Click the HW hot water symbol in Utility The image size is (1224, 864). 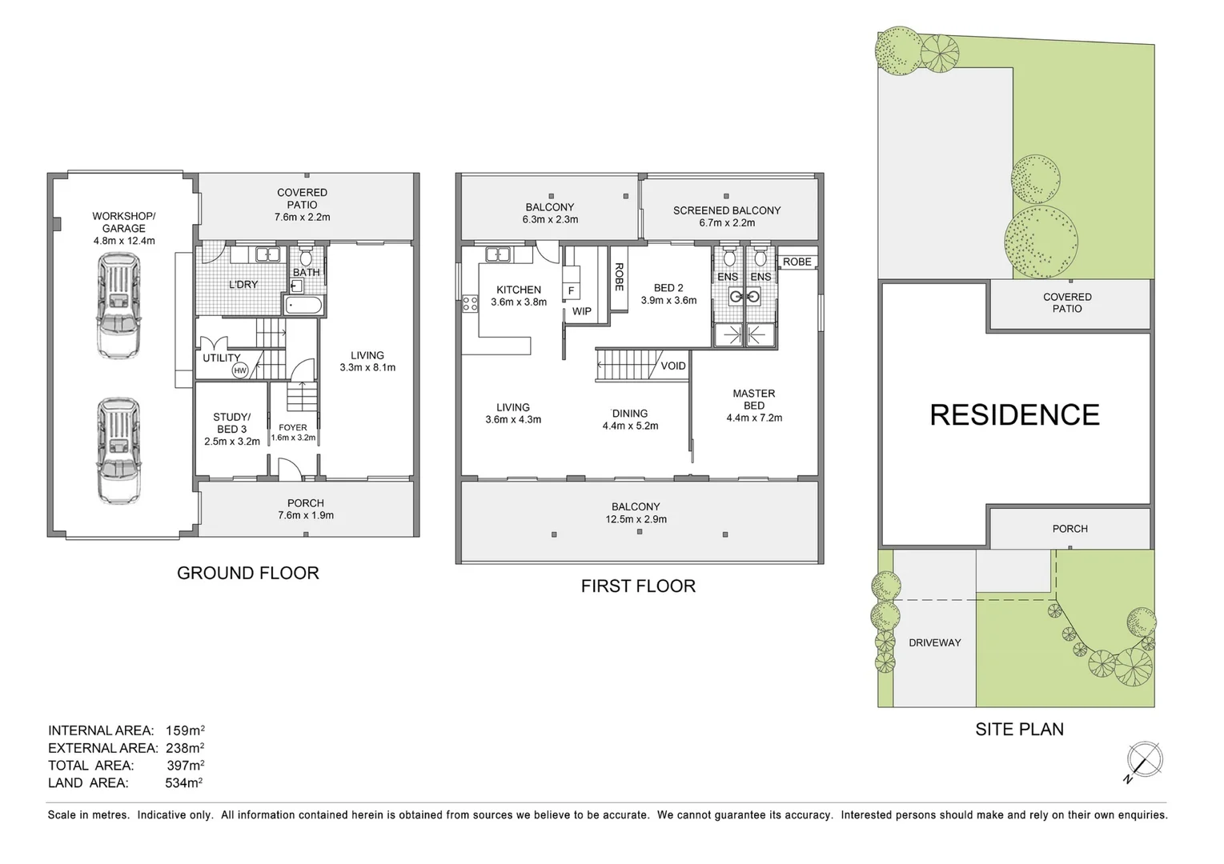[x=240, y=370]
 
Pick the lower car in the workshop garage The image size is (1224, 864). [x=118, y=450]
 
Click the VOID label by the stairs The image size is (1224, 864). [x=672, y=366]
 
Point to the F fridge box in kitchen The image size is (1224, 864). [x=571, y=290]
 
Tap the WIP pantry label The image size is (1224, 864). [x=581, y=311]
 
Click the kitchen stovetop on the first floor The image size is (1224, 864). [x=470, y=302]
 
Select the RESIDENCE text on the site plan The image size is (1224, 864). [x=1014, y=414]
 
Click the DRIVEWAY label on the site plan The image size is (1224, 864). [x=934, y=642]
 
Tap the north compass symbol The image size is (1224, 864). [x=1144, y=759]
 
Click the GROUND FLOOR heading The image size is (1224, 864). [x=247, y=573]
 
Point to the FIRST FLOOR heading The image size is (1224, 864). [x=638, y=586]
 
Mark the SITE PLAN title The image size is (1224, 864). [x=1019, y=729]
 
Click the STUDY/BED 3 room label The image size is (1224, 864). [x=231, y=429]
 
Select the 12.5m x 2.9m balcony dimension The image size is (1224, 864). [x=636, y=519]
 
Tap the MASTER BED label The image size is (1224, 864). [x=753, y=399]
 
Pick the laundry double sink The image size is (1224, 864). [x=267, y=255]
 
